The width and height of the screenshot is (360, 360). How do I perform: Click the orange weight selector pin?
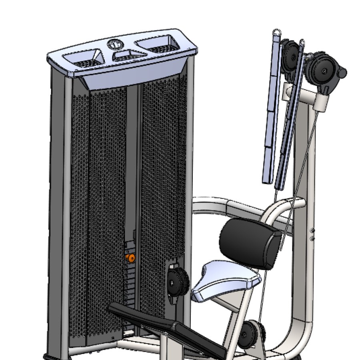(x=129, y=258)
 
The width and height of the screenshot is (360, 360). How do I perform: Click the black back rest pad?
(x=250, y=243)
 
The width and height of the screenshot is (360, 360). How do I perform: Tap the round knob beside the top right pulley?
(x=342, y=73)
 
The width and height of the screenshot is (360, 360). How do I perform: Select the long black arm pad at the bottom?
(x=168, y=328)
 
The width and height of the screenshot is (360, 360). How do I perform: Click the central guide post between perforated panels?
(x=135, y=168)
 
